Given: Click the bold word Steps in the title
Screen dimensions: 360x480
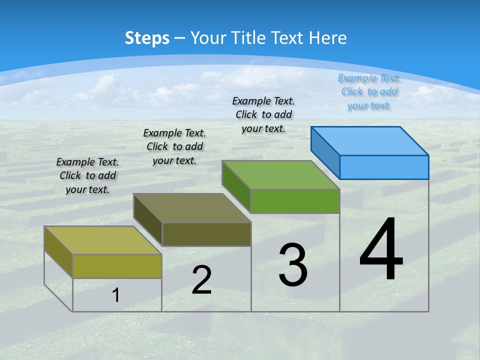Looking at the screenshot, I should pos(147,38).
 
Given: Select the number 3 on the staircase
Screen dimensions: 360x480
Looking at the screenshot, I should pos(293,265).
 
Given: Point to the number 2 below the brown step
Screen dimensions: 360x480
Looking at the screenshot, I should pos(201,280).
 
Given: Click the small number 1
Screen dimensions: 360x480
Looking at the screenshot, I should pos(116,295).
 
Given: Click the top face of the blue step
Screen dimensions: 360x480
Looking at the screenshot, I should pos(370,140).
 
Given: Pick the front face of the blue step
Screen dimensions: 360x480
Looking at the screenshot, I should pos(384,167).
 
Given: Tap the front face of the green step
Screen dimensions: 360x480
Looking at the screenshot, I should pos(295,201).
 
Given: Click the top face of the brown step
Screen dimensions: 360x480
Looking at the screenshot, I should pos(192,208).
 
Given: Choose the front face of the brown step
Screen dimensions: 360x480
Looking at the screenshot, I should pos(206,234).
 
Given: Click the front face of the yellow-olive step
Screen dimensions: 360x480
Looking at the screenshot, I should pos(117,266).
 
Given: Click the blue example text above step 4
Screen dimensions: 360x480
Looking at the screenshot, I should pos(369,92).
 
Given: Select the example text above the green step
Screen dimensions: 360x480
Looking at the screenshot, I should pos(263,115).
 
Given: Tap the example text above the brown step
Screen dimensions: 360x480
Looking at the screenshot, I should pos(174,147).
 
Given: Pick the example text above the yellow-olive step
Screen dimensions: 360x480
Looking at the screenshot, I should pos(87,176).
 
